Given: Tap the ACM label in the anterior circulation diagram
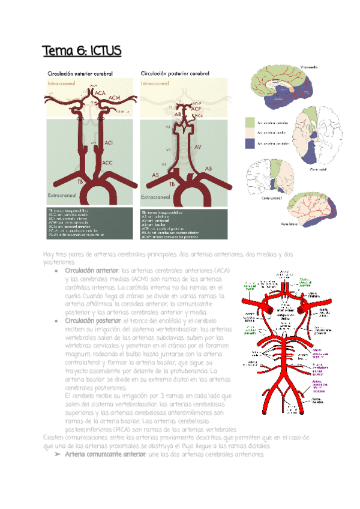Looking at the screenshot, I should click(x=114, y=100).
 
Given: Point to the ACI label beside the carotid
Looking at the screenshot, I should click(x=109, y=143).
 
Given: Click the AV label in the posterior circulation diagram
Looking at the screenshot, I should click(x=197, y=146).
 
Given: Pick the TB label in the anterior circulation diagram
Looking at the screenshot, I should click(x=80, y=180).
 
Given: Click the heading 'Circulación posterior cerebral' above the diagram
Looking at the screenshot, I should click(x=175, y=74).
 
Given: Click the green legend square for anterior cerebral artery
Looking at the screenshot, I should click(x=250, y=122).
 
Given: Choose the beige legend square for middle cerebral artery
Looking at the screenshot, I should click(x=250, y=133).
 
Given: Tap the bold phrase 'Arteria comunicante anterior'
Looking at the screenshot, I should click(x=104, y=454).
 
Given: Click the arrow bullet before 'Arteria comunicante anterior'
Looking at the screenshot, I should click(x=56, y=454).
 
